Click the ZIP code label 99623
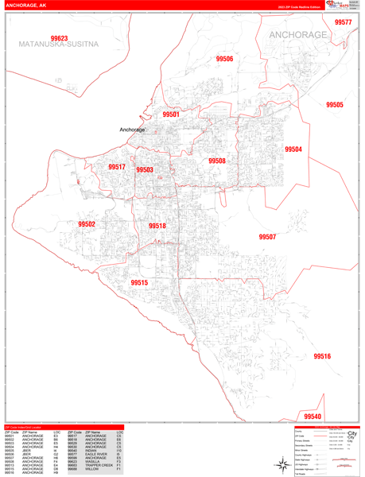click(59, 38)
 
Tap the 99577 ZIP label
click(344, 22)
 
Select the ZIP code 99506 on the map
click(224, 59)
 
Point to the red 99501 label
click(171, 114)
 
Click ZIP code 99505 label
click(335, 105)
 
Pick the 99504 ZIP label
click(293, 149)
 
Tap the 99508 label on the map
click(217, 161)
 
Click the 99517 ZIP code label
click(117, 167)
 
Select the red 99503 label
click(145, 169)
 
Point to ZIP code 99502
click(87, 225)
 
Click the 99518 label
click(157, 227)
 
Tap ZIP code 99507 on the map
click(267, 237)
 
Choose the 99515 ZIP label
click(139, 283)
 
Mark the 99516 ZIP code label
click(322, 357)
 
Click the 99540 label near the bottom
click(313, 417)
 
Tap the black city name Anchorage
click(132, 130)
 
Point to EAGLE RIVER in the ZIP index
click(96, 453)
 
